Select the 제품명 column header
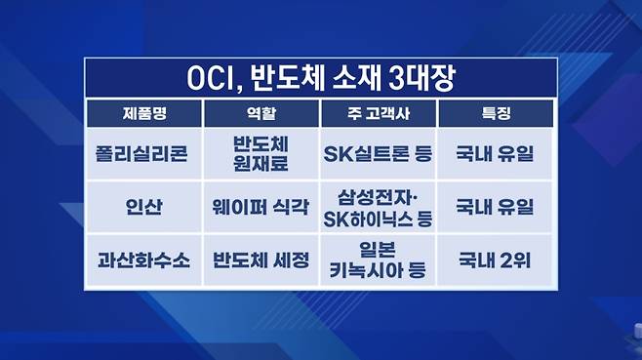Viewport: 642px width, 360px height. pos(144,113)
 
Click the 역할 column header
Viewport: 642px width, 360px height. pos(261,113)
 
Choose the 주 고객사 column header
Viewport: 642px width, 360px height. pos(379,113)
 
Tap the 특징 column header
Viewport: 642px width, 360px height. pos(496,113)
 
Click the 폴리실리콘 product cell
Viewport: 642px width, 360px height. pos(141,154)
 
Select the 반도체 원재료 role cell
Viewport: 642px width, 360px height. pos(261,153)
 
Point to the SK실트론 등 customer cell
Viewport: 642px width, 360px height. pos(378,154)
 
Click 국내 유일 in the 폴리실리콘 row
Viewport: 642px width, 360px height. pos(495,154)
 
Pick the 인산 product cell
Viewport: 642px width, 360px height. pos(143,207)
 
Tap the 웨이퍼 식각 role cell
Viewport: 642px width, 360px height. pos(261,207)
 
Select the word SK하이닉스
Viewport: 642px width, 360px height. pos(369,220)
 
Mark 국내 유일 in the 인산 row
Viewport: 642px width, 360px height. pos(495,207)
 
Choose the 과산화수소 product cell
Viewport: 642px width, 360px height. pos(143,260)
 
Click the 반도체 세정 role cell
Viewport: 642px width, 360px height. pos(261,260)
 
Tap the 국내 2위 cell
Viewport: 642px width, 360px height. pos(495,260)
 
